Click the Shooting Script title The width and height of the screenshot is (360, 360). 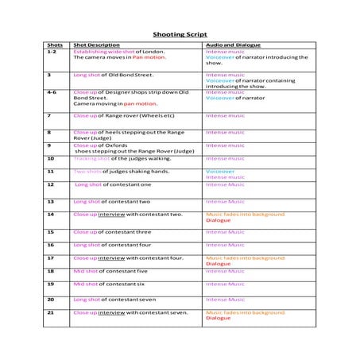pos(179,34)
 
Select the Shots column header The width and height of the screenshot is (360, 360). pos(55,45)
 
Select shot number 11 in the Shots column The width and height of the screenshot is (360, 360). pos(51,171)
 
